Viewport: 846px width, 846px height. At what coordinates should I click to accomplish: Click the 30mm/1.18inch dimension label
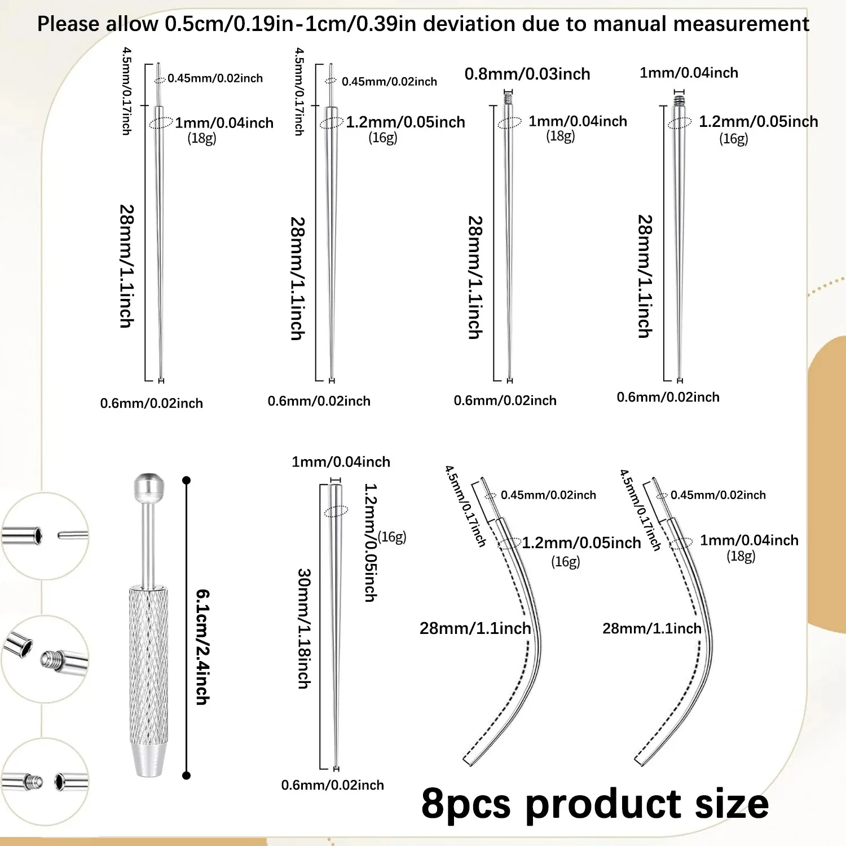303,628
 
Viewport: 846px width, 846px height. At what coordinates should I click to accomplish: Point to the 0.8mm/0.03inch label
527,74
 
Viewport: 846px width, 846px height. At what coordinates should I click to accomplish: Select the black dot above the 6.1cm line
187,481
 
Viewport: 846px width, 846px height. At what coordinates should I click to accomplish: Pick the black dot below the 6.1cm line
187,775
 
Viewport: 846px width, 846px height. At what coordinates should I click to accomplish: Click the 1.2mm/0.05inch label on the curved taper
581,543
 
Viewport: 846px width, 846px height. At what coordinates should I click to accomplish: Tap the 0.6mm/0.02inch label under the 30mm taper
332,785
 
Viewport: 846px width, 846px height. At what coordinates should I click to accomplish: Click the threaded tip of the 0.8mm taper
509,99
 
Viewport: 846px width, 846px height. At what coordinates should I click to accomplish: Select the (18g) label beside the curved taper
741,556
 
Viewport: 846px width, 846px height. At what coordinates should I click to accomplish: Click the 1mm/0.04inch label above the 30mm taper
341,462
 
